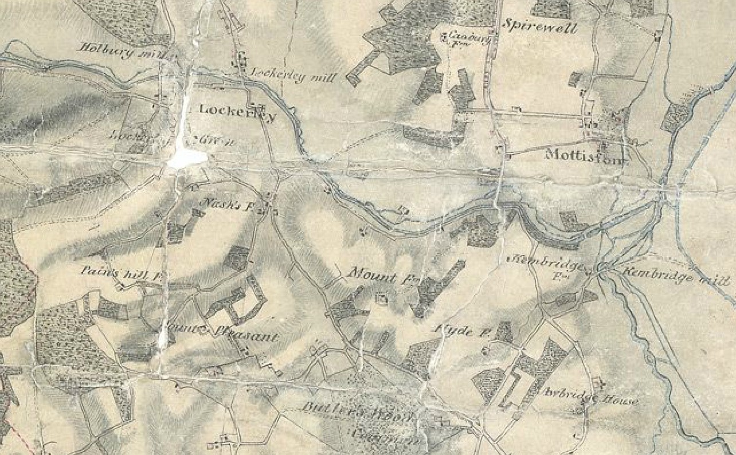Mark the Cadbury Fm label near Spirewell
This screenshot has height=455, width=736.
(465, 38)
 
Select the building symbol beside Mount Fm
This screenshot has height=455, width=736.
(380, 297)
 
